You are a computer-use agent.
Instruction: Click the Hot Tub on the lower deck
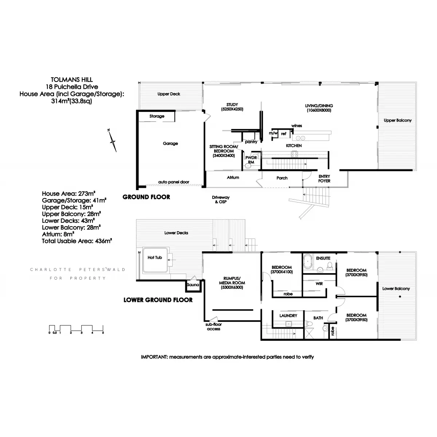click(x=155, y=260)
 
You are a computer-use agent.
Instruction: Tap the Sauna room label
click(x=193, y=285)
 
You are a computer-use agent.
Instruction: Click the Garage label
click(x=170, y=143)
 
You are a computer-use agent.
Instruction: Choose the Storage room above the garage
click(x=157, y=116)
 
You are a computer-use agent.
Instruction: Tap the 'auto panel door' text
click(x=174, y=182)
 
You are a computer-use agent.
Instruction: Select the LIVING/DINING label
click(x=319, y=106)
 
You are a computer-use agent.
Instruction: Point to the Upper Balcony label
click(x=398, y=120)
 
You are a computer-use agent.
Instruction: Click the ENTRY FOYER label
click(x=324, y=178)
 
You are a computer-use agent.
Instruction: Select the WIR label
click(x=319, y=283)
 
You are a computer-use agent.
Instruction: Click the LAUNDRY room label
click(x=288, y=316)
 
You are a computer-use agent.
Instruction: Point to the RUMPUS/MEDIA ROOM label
click(x=232, y=283)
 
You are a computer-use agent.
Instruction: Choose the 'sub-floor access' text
click(x=214, y=326)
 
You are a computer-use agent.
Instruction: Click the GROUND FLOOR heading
click(x=146, y=197)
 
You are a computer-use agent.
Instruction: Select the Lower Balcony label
click(x=396, y=288)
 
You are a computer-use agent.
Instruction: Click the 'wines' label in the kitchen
click(x=296, y=126)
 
